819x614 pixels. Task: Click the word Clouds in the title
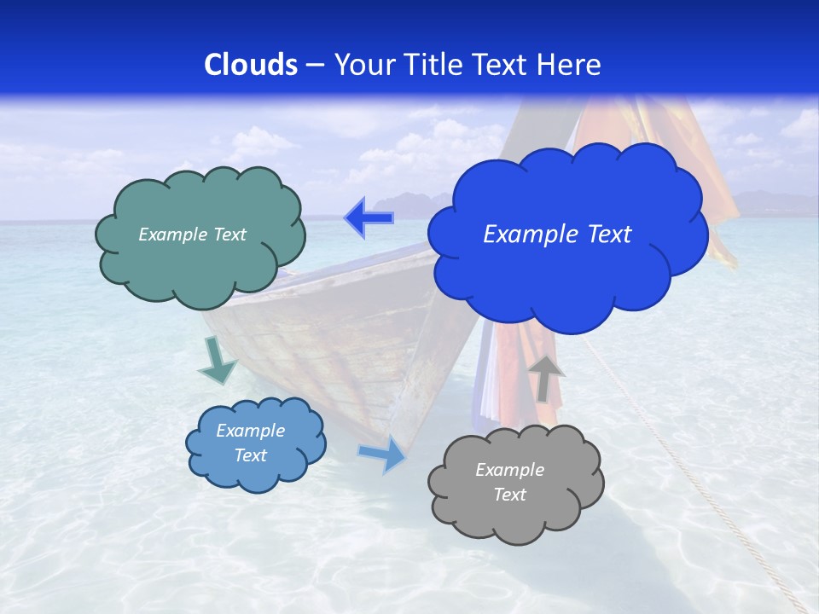(x=251, y=65)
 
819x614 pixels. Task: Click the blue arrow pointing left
(x=369, y=218)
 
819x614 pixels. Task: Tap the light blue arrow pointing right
(x=382, y=455)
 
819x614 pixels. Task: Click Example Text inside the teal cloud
(x=192, y=235)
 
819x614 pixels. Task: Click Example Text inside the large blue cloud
(x=557, y=235)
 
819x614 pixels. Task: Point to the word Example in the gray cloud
(x=509, y=470)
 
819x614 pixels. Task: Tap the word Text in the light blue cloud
(x=251, y=455)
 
